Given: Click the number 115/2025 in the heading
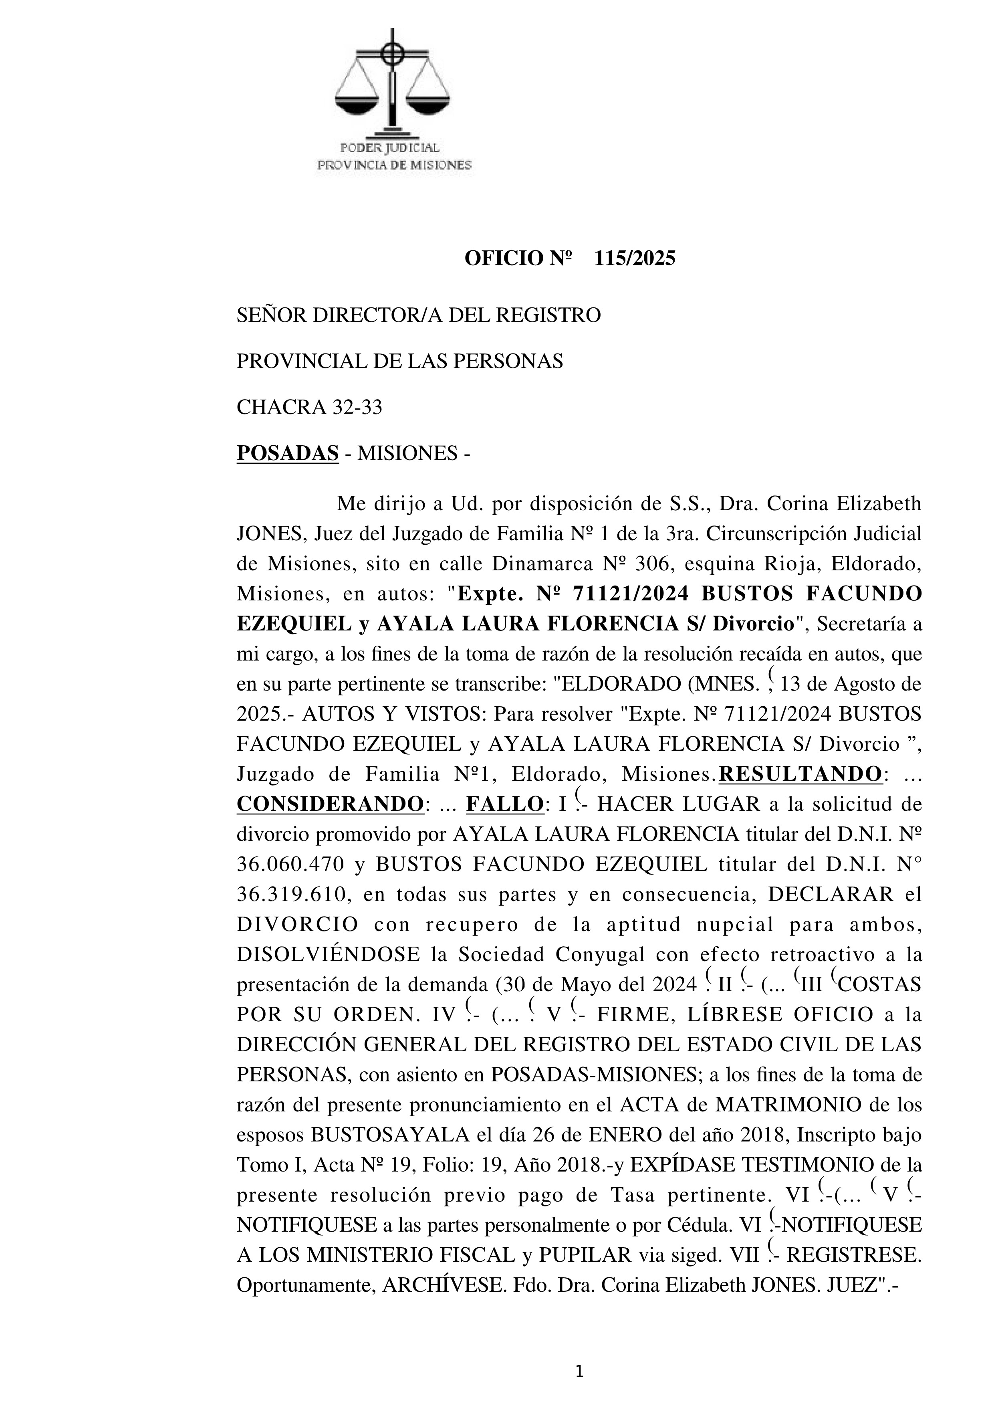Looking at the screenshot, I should (635, 259).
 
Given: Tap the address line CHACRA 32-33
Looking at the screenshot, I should (309, 407).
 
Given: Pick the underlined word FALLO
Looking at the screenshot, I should (504, 804).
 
